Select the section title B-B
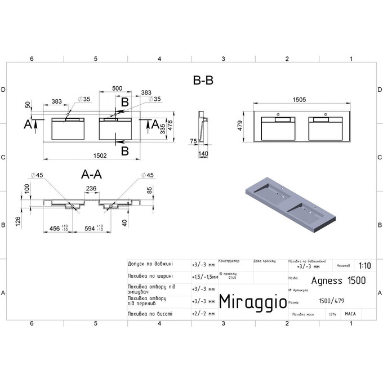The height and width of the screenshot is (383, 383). click(x=203, y=81)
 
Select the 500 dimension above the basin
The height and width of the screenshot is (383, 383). click(x=117, y=88)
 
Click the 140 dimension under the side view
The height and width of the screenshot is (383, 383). click(x=203, y=153)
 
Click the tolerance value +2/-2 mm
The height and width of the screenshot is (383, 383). click(x=203, y=313)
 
